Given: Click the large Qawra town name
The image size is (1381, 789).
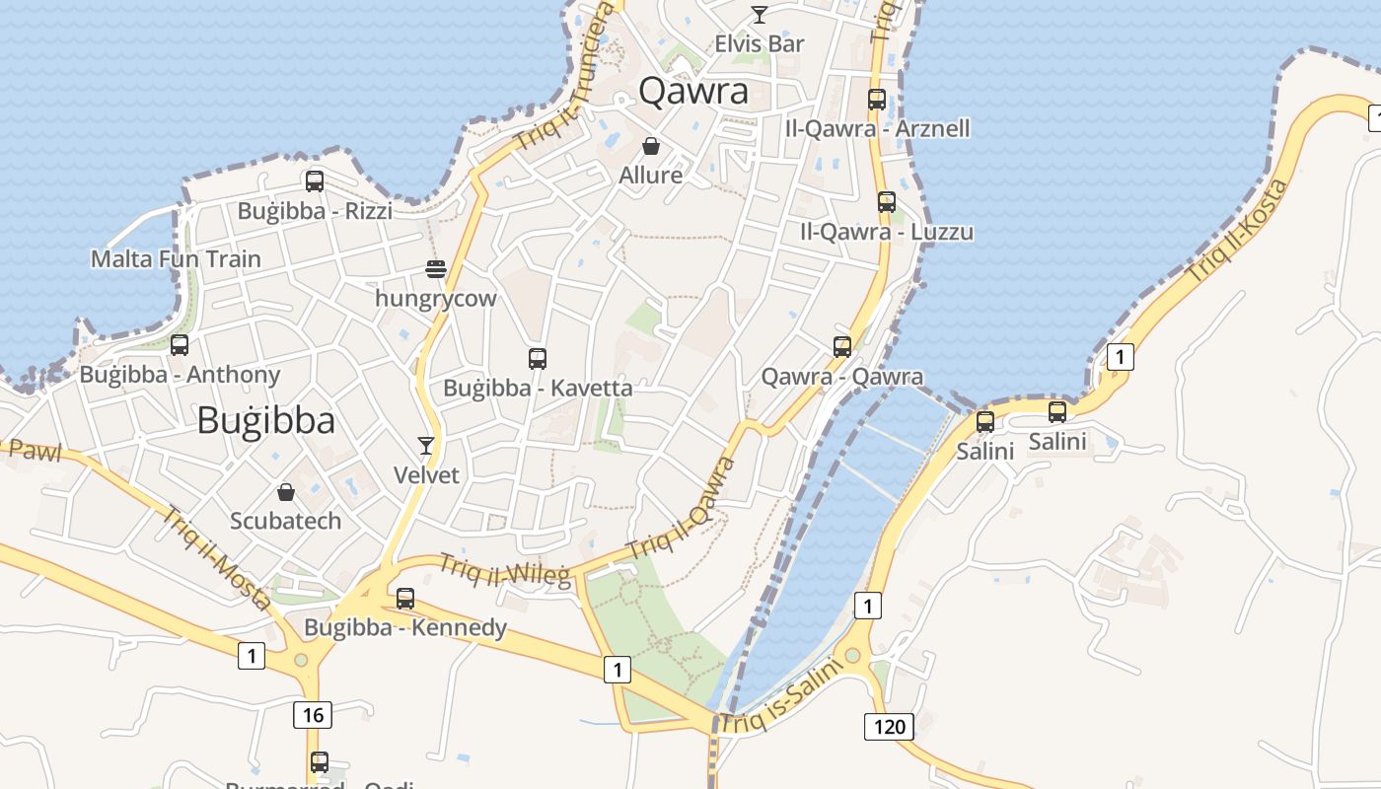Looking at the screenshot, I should click(693, 91).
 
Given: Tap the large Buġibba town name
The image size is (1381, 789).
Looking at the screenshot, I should click(266, 420).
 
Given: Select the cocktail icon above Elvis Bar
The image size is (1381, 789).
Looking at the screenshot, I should click(760, 14).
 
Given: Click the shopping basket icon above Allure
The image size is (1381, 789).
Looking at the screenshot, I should click(651, 147).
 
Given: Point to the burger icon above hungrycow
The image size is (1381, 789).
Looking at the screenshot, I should click(436, 269).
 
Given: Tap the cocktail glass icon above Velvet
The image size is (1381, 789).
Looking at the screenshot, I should click(426, 446).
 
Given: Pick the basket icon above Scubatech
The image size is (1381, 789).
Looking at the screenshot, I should click(286, 491).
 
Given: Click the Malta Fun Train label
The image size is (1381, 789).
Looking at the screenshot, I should click(176, 259).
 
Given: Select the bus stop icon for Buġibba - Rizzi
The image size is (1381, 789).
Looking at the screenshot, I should click(315, 181).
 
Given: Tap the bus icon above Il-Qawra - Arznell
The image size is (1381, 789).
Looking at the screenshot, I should click(877, 99).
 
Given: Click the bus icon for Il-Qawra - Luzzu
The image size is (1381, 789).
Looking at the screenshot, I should click(887, 202).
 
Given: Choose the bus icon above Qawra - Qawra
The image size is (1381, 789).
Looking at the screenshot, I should click(842, 347).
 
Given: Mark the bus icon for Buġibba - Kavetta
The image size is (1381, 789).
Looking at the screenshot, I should click(538, 359).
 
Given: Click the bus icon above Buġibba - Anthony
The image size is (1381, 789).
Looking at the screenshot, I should click(180, 345).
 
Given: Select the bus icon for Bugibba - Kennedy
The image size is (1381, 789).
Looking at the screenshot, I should click(404, 599).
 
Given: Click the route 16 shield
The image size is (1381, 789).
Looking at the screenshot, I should click(312, 715).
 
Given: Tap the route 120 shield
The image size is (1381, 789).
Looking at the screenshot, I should click(889, 728).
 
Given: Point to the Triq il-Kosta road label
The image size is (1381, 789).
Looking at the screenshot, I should click(1237, 231).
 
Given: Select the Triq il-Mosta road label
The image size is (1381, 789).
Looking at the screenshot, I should click(216, 557).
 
